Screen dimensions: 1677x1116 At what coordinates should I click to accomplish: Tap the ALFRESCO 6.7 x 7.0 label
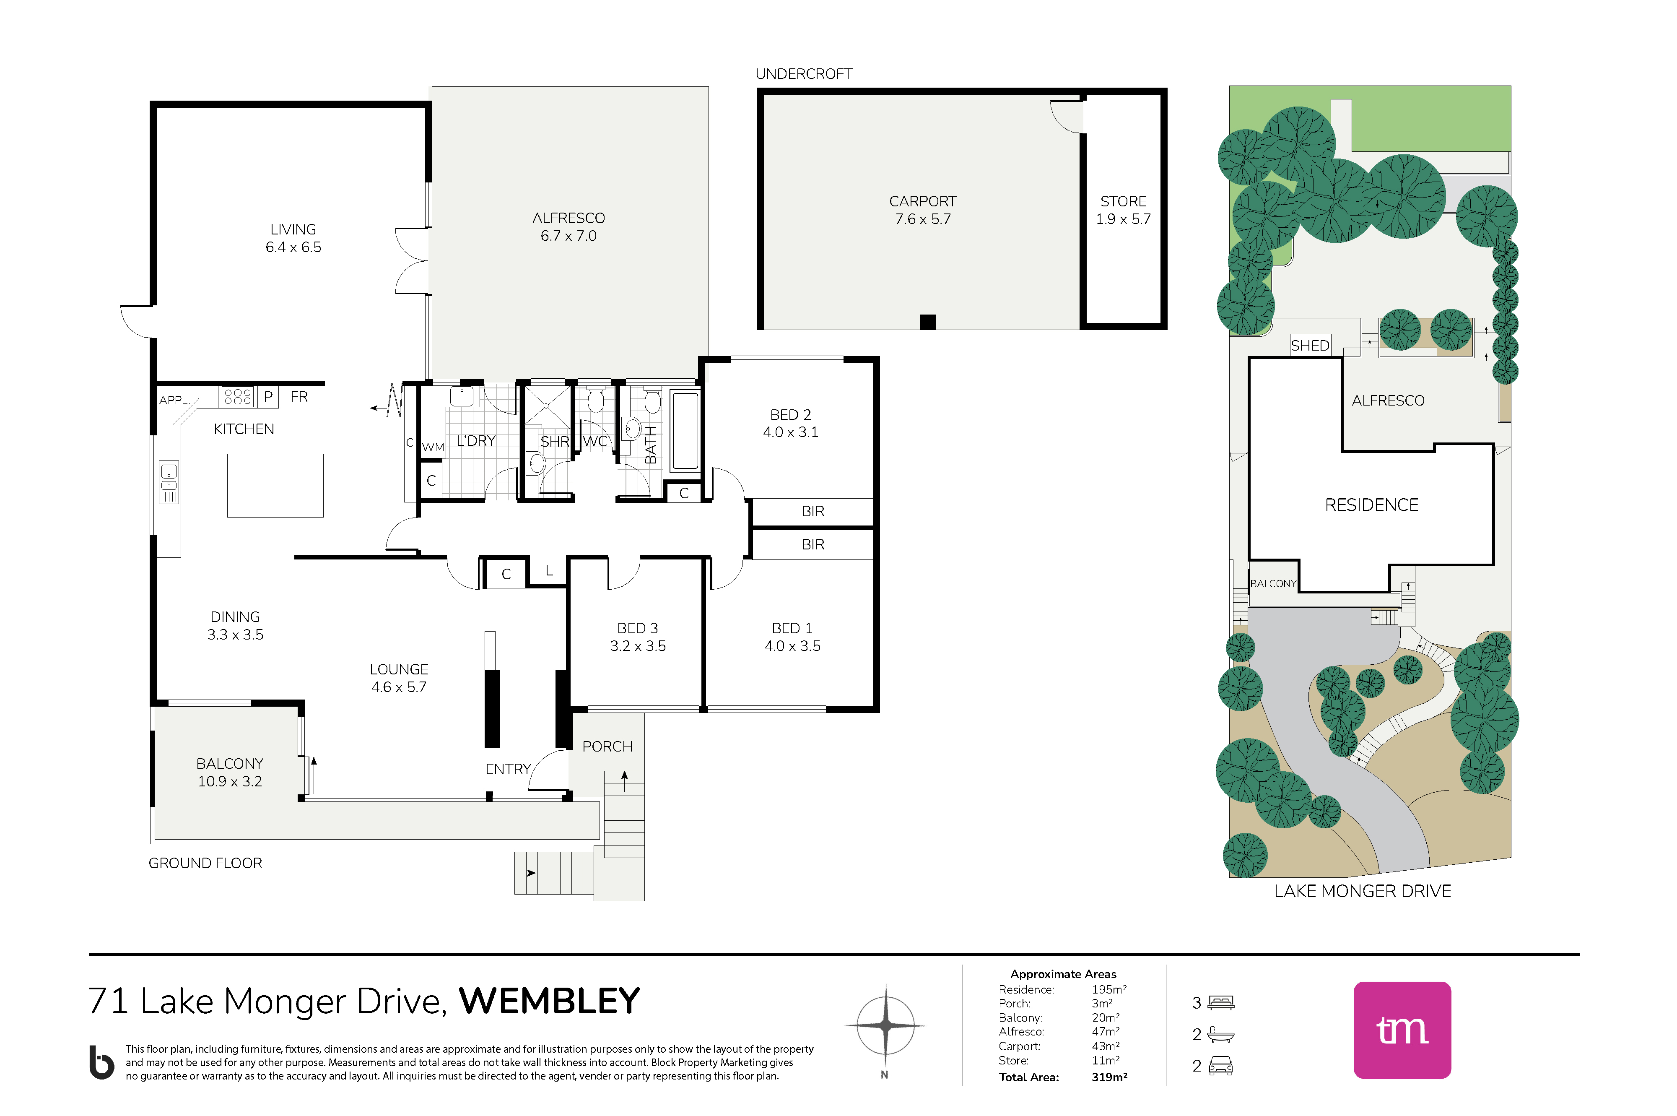[x=569, y=227]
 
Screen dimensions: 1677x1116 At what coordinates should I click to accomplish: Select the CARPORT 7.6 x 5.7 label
[x=923, y=210]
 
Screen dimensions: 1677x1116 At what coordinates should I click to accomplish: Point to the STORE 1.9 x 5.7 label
[x=1124, y=210]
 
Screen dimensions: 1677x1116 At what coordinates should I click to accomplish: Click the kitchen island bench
[x=275, y=485]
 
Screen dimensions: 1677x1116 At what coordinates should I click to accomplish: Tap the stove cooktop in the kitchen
[x=238, y=396]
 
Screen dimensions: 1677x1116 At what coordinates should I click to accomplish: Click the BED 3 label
[x=638, y=629]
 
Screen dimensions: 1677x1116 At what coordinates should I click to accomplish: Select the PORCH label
[x=607, y=747]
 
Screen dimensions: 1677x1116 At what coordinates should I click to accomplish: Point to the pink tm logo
[x=1402, y=1030]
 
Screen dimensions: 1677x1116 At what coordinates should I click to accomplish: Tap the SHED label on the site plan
[x=1310, y=346]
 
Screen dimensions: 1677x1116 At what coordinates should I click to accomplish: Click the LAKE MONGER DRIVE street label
[x=1363, y=891]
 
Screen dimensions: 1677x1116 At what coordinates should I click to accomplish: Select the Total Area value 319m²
[x=1109, y=1077]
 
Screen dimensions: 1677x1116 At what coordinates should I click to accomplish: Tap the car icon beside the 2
[x=1221, y=1066]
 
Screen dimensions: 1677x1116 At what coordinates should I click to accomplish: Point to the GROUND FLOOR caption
[x=205, y=864]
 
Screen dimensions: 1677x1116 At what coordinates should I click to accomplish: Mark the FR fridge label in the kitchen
[x=299, y=396]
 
